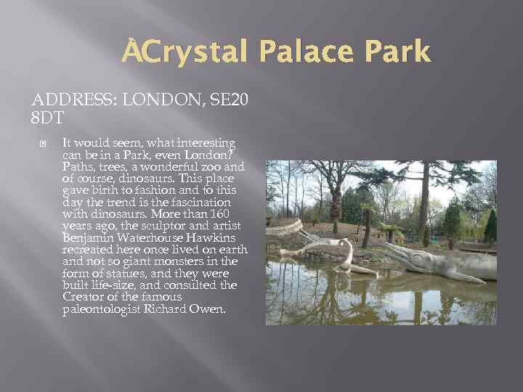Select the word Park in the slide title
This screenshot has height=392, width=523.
click(395, 52)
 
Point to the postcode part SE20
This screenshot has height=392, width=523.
click(227, 102)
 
